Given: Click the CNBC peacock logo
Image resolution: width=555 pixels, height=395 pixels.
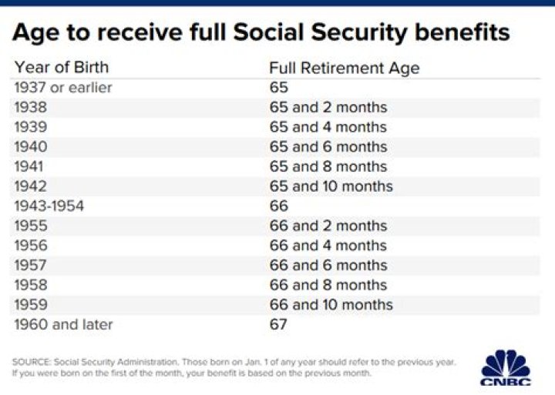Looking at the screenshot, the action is click(506, 367).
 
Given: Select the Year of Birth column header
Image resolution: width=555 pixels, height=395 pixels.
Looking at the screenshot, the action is click(62, 67).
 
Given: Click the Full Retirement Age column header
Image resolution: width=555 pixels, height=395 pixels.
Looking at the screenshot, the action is click(345, 68).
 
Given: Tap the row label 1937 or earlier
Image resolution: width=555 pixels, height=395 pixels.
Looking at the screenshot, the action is click(63, 88).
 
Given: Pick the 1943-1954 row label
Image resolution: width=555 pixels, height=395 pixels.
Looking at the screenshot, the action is click(49, 206).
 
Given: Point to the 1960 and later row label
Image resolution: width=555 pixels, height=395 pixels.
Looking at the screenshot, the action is click(63, 324).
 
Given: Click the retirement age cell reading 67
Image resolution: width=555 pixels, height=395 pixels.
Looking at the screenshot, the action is click(278, 324).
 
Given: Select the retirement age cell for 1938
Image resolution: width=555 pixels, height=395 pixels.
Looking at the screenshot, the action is click(328, 108).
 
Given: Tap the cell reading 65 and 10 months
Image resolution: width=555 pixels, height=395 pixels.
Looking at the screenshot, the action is click(331, 186).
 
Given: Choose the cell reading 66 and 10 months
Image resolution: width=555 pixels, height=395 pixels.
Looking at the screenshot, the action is click(331, 304).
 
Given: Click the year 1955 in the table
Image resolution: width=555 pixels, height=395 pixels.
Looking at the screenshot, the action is click(31, 226).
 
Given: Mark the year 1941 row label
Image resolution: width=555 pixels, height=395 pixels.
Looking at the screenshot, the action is click(29, 166).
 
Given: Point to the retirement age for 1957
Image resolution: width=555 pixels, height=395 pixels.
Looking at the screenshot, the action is click(328, 265).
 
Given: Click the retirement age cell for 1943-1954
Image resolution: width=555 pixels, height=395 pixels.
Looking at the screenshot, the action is click(278, 206).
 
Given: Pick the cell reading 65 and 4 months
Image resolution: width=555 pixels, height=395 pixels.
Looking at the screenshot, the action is click(328, 127).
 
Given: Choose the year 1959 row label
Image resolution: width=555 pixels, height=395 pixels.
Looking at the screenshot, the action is click(31, 304).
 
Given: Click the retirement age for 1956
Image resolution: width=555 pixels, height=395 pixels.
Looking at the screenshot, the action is click(328, 246).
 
